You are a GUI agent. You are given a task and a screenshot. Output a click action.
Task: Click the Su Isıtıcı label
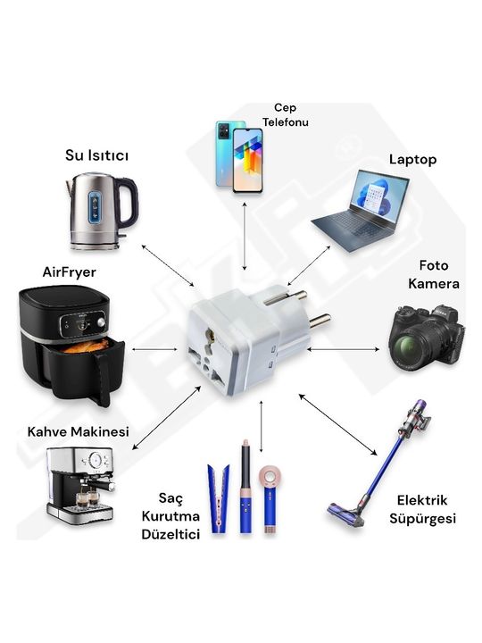tap(96, 155)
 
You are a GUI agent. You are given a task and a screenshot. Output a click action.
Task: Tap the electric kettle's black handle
tap(130, 202)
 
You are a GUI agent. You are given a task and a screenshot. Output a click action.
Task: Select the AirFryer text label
tap(70, 271)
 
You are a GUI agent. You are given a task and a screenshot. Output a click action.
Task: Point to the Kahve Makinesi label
tap(79, 431)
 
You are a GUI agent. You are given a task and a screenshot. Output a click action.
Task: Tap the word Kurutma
tap(170, 516)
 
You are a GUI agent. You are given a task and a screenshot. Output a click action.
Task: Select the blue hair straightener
tap(219, 498)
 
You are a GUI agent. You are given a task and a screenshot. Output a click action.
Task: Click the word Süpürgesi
tap(422, 518)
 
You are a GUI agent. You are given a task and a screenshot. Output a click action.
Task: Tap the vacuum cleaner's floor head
tap(345, 514)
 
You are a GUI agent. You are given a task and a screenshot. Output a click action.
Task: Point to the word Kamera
tap(434, 284)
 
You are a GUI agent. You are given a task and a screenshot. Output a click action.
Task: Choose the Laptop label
tap(412, 160)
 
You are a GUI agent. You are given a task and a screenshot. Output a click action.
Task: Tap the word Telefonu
tap(286, 122)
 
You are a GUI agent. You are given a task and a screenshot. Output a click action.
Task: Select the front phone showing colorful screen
tap(247, 161)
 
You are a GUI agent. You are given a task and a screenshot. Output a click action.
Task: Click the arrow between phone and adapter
tap(245, 236)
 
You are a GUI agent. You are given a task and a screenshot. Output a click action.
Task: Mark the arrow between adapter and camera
tap(344, 349)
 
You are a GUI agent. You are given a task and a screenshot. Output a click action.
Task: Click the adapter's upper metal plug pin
tap(286, 297)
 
